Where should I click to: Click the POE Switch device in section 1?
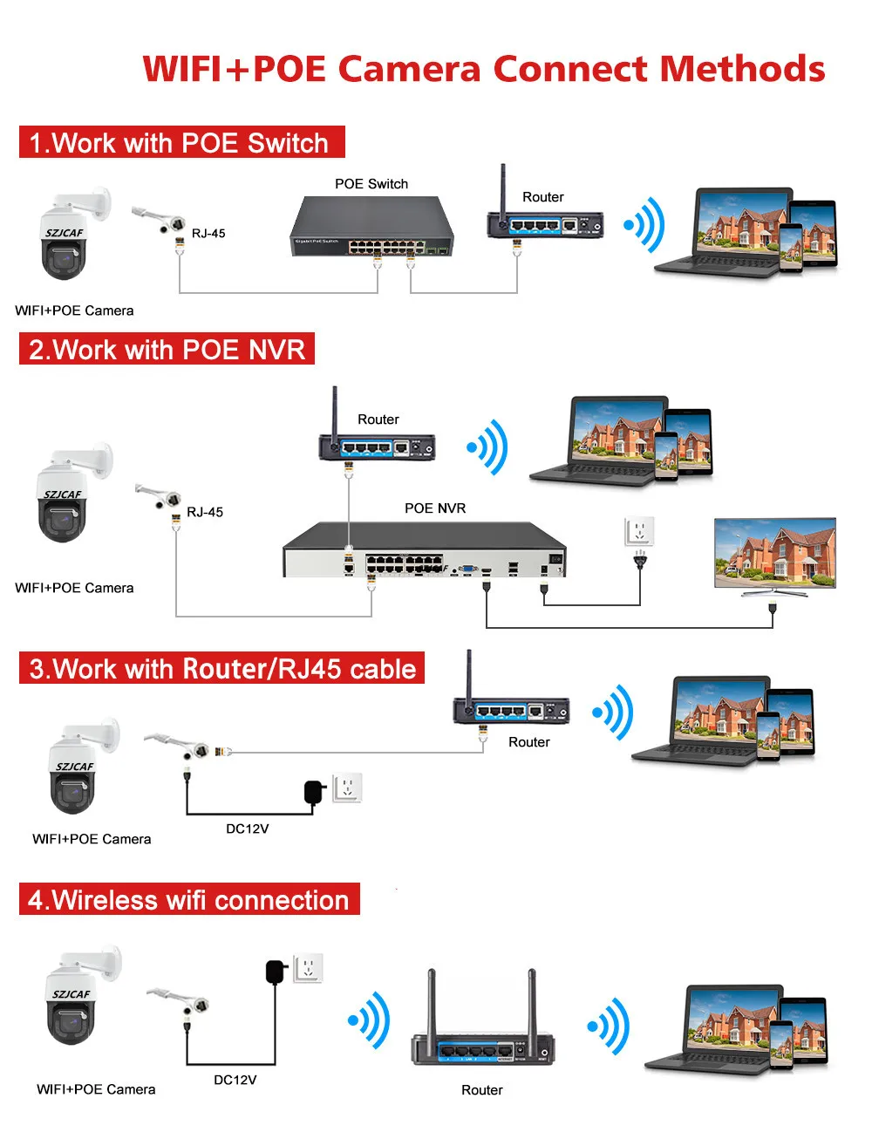[372, 226]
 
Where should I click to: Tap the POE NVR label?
[435, 508]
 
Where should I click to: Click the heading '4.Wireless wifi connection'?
[189, 900]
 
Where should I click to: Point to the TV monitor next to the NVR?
[774, 554]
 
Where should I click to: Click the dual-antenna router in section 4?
[482, 1025]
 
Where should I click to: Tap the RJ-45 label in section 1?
[208, 234]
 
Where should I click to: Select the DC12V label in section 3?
[247, 829]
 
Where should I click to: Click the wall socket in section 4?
[309, 968]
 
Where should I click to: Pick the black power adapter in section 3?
[314, 791]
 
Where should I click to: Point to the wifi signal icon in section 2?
[487, 447]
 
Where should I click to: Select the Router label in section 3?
[528, 742]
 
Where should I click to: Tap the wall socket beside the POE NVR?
[639, 530]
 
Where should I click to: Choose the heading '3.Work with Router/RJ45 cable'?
[221, 669]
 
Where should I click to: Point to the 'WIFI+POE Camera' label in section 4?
[96, 1089]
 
